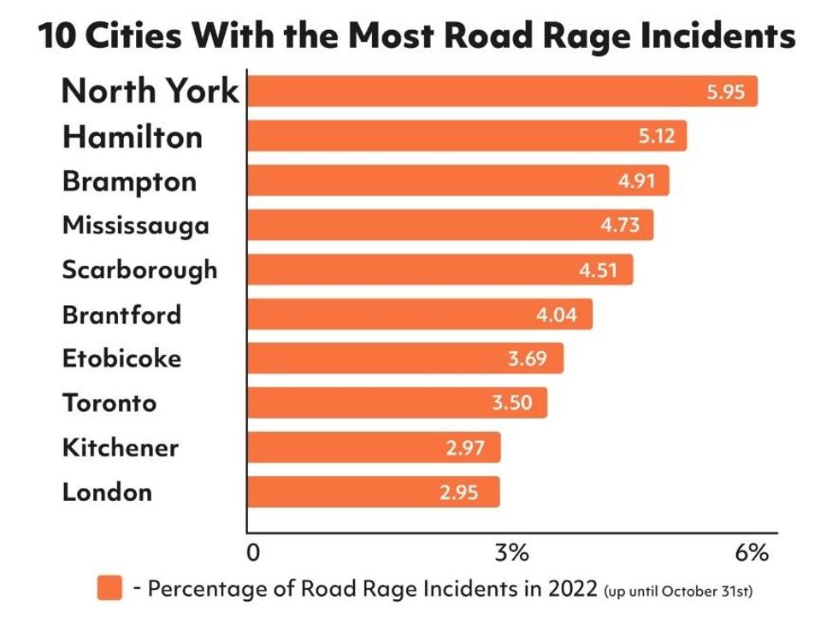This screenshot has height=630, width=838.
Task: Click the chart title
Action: pyautogui.click(x=416, y=36)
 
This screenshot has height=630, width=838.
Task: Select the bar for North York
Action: pyautogui.click(x=502, y=91)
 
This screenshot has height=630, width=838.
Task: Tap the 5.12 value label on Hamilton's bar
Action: pyautogui.click(x=657, y=136)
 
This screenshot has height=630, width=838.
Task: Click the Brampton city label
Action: pyautogui.click(x=129, y=181)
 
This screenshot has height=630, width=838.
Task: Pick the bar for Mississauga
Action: pyautogui.click(x=450, y=225)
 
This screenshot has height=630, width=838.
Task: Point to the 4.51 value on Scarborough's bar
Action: pyautogui.click(x=597, y=270)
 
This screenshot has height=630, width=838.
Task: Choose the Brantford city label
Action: pyautogui.click(x=121, y=315)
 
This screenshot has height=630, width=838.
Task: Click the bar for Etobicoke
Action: pyautogui.click(x=404, y=358)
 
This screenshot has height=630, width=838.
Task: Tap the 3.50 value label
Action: pyautogui.click(x=512, y=403)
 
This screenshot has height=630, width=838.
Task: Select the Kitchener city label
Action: pyautogui.click(x=120, y=447)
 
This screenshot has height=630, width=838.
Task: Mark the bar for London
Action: pyautogui.click(x=373, y=492)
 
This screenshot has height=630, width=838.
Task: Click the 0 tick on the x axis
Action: pyautogui.click(x=253, y=553)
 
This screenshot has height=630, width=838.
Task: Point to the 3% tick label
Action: pyautogui.click(x=512, y=553)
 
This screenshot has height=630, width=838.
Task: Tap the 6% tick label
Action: pyautogui.click(x=752, y=553)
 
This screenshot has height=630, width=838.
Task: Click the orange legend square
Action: pyautogui.click(x=109, y=589)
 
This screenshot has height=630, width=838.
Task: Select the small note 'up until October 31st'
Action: pyautogui.click(x=677, y=591)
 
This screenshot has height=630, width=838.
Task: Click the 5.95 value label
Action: pyautogui.click(x=726, y=92)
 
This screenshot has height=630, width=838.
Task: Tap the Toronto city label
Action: pyautogui.click(x=109, y=403)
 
